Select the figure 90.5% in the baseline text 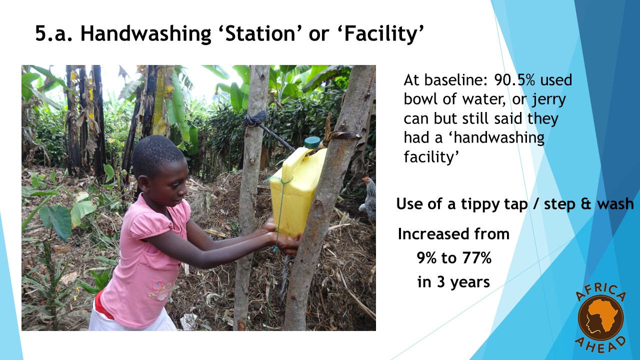[514, 80]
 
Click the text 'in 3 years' [453, 282]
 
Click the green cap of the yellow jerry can [312, 142]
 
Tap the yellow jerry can [297, 188]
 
